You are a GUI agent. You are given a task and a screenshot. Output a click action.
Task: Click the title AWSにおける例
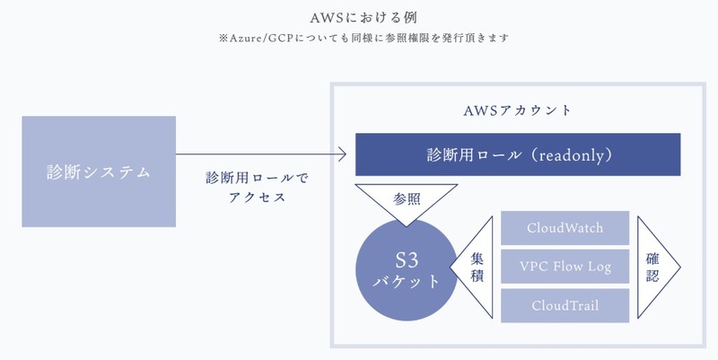click(x=358, y=15)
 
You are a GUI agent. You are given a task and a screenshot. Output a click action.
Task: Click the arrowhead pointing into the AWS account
click(x=342, y=155)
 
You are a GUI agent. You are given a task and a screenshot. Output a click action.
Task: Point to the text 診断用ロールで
click(x=256, y=177)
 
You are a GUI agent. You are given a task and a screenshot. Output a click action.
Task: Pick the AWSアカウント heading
click(x=516, y=111)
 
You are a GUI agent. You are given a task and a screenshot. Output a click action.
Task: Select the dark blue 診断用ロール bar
click(x=518, y=154)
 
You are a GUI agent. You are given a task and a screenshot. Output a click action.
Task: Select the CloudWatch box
click(x=565, y=228)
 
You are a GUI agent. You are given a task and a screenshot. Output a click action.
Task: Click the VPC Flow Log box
click(x=565, y=267)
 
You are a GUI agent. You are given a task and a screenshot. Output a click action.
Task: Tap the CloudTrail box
click(x=565, y=305)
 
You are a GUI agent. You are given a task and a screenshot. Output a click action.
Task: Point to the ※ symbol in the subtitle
click(x=207, y=39)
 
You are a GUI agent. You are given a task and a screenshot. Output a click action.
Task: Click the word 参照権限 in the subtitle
click(x=398, y=39)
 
